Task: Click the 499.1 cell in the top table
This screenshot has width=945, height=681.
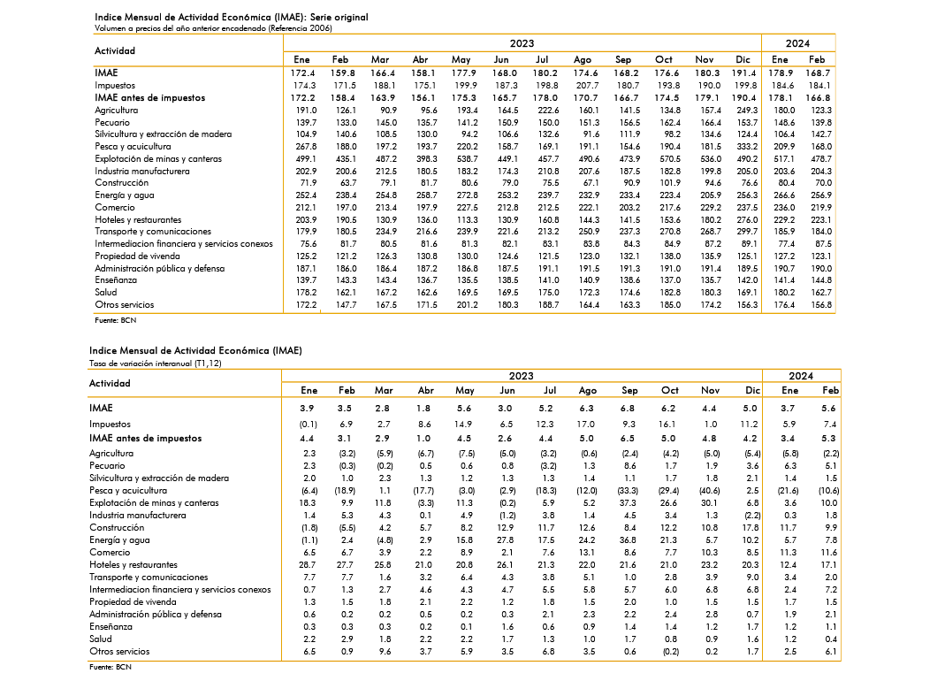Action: [x=306, y=158]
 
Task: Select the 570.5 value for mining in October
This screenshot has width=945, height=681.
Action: [x=670, y=158]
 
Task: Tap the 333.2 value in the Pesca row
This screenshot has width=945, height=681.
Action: [x=747, y=147]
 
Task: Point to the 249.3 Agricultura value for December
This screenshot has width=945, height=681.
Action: [x=747, y=111]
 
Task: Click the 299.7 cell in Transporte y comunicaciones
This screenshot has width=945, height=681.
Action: [x=747, y=232]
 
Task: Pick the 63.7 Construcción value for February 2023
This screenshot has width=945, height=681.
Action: [x=348, y=183]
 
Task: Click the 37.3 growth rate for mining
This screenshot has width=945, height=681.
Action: [x=628, y=503]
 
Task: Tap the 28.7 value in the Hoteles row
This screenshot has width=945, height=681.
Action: [x=307, y=565]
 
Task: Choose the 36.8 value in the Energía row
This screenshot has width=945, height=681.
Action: [x=628, y=540]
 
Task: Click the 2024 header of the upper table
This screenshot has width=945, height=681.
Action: [x=797, y=43]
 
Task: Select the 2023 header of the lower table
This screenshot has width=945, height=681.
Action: [x=521, y=376]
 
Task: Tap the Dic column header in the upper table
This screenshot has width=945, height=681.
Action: [x=743, y=60]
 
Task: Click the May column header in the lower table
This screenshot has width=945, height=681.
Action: [x=465, y=391]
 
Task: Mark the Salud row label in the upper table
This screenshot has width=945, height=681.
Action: [x=105, y=293]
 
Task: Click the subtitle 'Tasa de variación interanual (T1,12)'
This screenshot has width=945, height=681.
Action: [x=155, y=363]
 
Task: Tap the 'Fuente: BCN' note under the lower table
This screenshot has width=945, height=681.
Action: [x=111, y=667]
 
